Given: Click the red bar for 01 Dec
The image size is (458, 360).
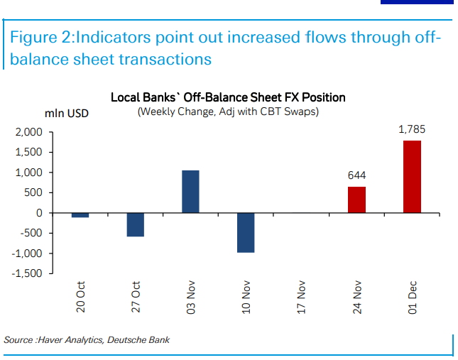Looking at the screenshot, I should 412,176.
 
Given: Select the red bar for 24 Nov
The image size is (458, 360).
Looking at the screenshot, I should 356,200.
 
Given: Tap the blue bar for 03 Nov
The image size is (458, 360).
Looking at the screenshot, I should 190,192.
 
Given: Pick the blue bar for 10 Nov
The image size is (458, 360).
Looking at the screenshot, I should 246,232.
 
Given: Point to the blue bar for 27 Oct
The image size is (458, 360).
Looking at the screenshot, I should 135,224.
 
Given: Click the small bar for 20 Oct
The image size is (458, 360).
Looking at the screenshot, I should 80,215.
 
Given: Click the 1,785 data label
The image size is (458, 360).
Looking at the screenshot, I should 412,130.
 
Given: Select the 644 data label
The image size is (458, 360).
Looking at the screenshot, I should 356,175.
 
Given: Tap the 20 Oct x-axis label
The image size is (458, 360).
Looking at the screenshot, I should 81,300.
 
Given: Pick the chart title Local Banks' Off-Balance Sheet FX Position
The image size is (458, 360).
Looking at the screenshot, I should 227,97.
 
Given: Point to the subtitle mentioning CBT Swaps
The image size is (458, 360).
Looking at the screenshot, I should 227,112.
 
